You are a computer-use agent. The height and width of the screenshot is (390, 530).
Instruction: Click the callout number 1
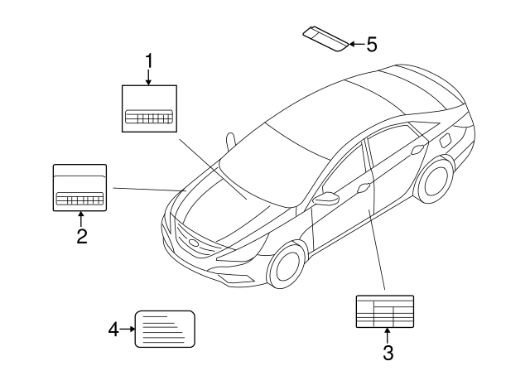(149, 60)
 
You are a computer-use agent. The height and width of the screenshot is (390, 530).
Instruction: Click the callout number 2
(81, 237)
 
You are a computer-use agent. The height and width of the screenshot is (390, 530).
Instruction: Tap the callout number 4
(113, 330)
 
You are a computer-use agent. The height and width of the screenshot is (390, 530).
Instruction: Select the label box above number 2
(80, 188)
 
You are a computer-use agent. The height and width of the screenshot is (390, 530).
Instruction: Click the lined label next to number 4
(164, 330)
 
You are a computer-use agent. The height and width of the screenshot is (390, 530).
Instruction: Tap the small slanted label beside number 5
(325, 38)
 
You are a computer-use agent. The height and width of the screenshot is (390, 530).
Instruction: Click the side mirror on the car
(330, 200)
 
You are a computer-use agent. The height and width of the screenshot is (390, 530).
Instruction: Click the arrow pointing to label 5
(356, 44)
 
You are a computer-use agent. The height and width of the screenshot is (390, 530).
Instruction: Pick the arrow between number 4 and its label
(127, 330)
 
